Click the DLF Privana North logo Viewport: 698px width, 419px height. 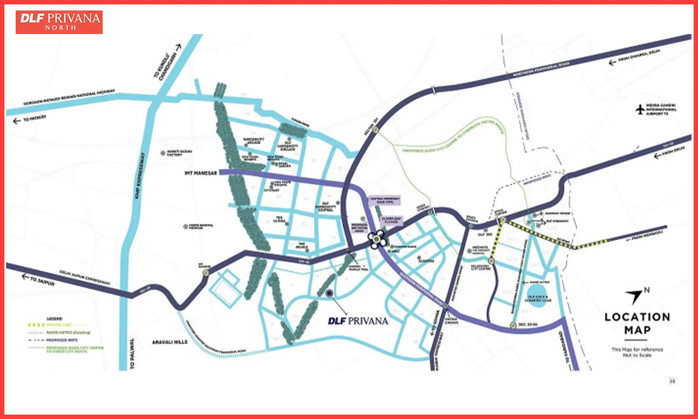[59, 22]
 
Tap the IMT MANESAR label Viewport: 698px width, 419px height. [201, 173]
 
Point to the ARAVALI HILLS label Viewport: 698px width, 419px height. [170, 342]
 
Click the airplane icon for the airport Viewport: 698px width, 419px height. [640, 109]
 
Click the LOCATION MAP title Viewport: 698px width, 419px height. [637, 323]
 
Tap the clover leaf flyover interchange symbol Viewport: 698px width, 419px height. [377, 239]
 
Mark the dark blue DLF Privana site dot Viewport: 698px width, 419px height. [329, 293]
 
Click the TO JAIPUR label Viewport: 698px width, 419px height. [42, 281]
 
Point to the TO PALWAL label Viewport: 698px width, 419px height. [132, 354]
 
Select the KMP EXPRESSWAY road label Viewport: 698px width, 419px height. [140, 176]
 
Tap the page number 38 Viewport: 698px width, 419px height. [672, 381]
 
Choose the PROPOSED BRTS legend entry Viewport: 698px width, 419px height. [62, 340]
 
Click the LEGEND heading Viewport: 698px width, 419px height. [54, 319]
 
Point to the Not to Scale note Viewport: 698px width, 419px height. [637, 355]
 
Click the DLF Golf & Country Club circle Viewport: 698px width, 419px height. [537, 296]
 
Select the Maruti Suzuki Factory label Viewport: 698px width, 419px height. [179, 153]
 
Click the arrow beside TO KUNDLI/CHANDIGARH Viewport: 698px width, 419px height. [178, 47]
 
